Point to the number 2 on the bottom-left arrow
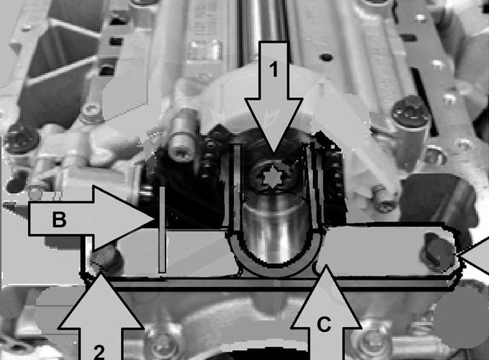[x=99, y=351]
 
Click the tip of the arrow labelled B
[x=155, y=218]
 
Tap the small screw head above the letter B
[x=91, y=111]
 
